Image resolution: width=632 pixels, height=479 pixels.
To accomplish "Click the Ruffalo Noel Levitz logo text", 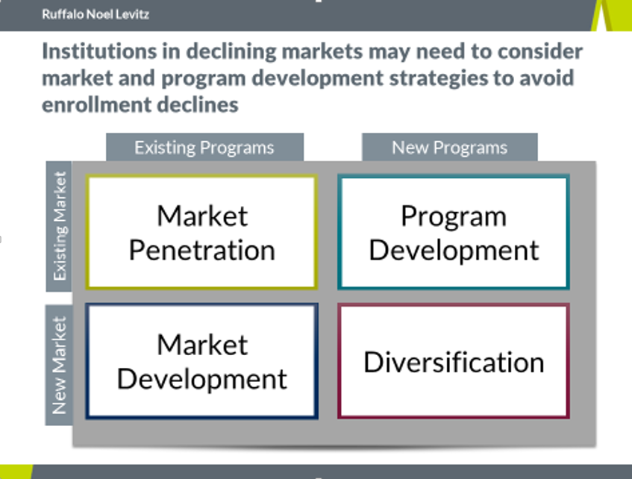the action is tap(96, 14).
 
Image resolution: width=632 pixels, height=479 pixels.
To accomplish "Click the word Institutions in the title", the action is tap(99, 51).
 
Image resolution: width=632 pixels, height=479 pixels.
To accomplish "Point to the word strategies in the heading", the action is tap(439, 78).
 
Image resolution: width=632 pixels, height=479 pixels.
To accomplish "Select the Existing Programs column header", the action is tap(204, 147).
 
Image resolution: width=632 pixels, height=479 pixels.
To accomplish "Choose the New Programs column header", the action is tap(449, 147).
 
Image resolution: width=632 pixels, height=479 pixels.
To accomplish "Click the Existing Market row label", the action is tap(59, 226).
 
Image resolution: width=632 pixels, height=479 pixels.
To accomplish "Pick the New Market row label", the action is tap(59, 365).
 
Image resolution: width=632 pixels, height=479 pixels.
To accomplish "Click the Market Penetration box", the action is tap(201, 232).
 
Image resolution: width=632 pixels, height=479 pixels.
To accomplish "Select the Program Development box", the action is tap(454, 232).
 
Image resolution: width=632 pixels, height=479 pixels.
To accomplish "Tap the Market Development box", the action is tap(201, 361).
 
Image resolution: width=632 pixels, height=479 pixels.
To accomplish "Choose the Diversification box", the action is tap(454, 361).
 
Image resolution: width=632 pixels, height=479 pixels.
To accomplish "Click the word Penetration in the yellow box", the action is tap(202, 251).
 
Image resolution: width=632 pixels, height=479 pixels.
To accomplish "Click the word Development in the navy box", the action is tap(201, 380).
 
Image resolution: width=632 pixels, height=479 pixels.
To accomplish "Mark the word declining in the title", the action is tap(231, 52).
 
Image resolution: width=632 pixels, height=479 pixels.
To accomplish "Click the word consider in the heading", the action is tap(540, 51).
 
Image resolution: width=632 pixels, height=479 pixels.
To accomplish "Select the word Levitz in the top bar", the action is tap(133, 14).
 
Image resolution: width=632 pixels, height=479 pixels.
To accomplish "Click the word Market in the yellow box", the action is tap(202, 216).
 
